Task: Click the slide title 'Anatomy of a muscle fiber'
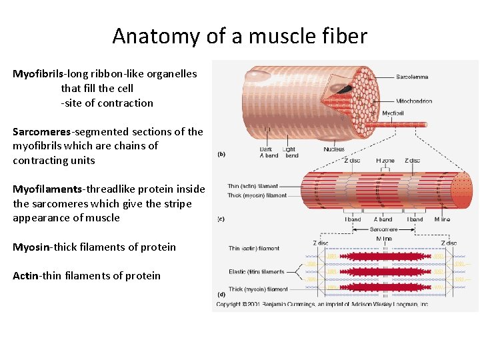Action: (239, 35)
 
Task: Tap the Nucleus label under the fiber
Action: (334, 149)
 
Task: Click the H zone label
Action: (385, 161)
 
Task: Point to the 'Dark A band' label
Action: (269, 153)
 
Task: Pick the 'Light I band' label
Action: (290, 153)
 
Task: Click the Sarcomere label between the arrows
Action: (383, 229)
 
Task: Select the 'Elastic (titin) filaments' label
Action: (257, 272)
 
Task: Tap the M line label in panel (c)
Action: (442, 219)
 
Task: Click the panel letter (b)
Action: (221, 155)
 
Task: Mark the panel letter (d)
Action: (221, 294)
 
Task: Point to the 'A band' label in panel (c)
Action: (383, 219)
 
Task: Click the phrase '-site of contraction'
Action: (107, 103)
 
